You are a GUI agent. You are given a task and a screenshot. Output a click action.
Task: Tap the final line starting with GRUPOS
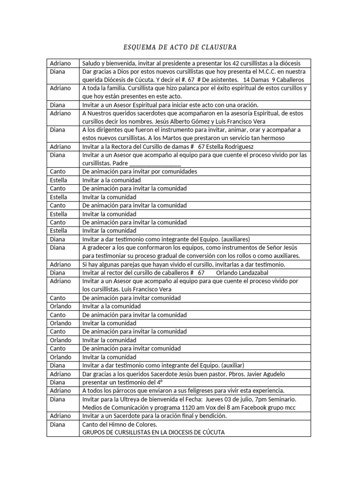tap(153, 432)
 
